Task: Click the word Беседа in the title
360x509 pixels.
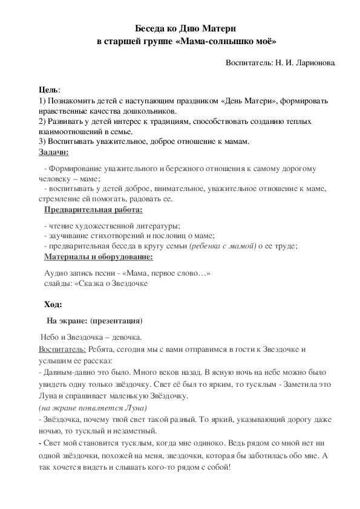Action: tap(151, 28)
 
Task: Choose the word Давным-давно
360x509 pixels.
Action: tap(65, 369)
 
